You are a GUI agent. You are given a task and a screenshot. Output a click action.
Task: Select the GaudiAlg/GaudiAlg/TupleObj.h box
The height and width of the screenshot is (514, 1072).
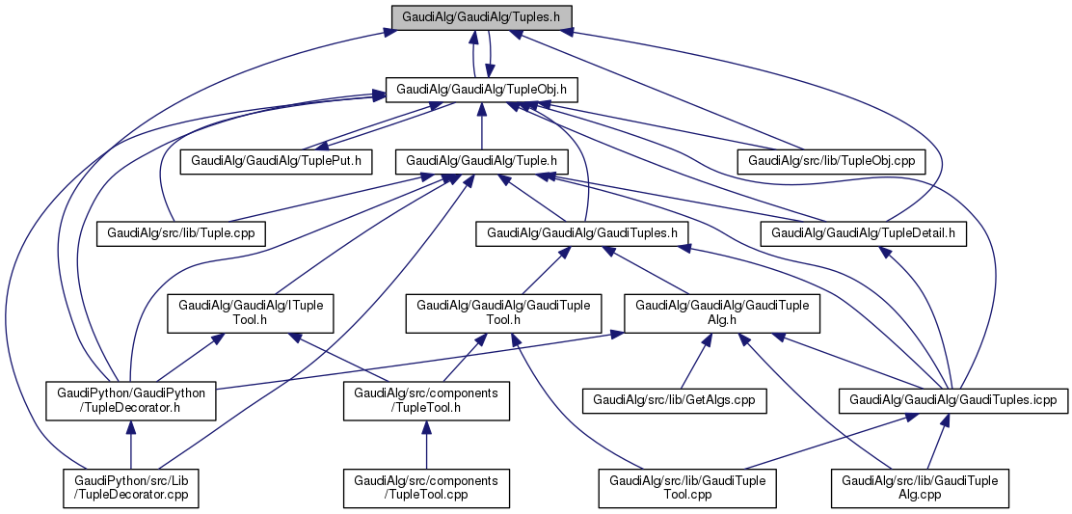481,90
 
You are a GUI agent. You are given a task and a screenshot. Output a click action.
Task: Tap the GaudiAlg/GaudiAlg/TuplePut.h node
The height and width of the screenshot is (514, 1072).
277,160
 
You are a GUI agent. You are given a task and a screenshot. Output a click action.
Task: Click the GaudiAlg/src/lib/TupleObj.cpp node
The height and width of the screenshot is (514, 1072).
830,160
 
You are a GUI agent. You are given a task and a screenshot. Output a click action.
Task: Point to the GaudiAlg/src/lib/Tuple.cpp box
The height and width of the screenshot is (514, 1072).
181,232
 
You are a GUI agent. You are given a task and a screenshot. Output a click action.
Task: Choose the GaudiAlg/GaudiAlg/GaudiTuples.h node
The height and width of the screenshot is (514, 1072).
587,232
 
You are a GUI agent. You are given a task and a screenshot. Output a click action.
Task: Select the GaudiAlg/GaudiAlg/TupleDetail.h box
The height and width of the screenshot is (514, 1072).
863,232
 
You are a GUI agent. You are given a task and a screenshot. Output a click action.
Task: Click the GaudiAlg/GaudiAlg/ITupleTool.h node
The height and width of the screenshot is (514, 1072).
250,312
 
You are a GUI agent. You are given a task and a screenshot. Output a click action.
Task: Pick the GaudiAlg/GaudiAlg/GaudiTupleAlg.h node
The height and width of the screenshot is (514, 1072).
723,312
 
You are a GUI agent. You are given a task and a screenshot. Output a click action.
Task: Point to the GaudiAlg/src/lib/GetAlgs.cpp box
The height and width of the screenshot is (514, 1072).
674,398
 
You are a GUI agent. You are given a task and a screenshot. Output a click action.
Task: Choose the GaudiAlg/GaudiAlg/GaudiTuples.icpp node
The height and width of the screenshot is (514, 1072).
953,398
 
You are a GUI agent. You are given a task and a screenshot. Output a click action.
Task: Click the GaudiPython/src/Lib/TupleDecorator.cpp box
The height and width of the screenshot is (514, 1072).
131,489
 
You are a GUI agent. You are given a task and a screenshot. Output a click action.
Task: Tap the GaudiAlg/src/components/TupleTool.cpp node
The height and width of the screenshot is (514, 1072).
426,489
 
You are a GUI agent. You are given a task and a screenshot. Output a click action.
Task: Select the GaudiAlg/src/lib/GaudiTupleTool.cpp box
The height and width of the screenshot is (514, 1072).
687,489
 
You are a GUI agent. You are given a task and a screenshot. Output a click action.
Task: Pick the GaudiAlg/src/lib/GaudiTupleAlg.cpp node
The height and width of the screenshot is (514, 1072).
921,489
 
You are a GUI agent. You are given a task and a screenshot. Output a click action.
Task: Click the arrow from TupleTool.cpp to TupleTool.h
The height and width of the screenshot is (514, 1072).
426,446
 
